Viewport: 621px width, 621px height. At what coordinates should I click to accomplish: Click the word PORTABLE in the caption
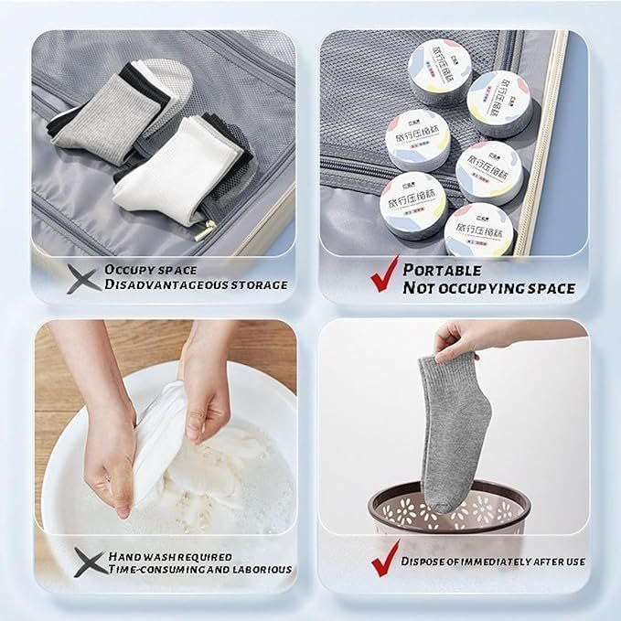coord(442,270)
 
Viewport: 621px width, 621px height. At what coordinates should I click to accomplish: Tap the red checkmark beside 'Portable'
coord(383,274)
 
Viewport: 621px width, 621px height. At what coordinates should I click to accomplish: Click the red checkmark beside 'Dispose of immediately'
coord(383,562)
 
